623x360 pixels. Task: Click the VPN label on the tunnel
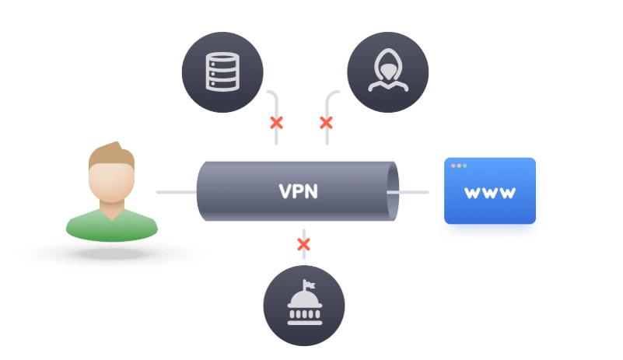tap(299, 191)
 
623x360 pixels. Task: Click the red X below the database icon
tap(275, 123)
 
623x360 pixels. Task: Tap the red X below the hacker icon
tap(326, 123)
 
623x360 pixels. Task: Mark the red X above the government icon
tap(303, 245)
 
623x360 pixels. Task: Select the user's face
tap(109, 180)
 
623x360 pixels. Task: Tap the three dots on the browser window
tap(458, 166)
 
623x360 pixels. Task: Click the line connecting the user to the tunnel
tap(176, 191)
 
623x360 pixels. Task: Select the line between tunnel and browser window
tap(416, 191)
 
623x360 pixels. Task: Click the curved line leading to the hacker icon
tap(331, 96)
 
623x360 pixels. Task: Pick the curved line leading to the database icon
tap(272, 96)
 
